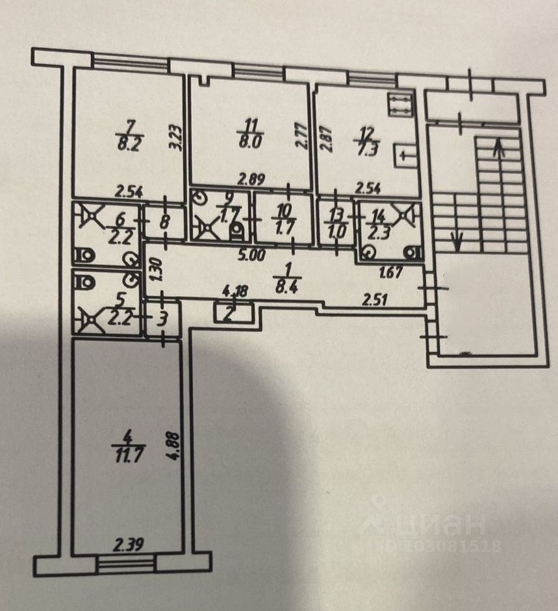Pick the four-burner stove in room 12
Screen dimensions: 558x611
[x=399, y=105]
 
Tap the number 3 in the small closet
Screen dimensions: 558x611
[x=162, y=319]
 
